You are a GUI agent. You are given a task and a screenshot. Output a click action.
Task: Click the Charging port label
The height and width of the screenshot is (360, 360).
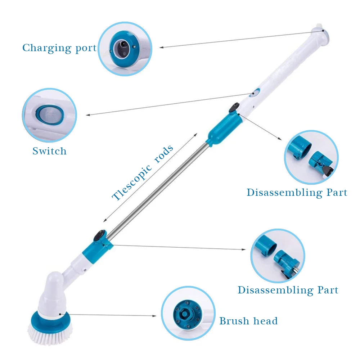[x=59, y=48]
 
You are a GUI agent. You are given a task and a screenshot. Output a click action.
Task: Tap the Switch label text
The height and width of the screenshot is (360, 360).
[x=49, y=151]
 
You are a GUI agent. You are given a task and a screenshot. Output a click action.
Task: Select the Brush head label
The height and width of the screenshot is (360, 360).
[x=248, y=321]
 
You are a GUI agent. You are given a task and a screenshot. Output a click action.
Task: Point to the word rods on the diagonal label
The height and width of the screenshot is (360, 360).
[x=163, y=151]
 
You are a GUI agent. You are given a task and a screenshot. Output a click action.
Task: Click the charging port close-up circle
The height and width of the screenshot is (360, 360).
[x=125, y=49]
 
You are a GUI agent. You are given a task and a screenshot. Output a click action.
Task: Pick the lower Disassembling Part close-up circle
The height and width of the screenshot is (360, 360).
[x=277, y=256]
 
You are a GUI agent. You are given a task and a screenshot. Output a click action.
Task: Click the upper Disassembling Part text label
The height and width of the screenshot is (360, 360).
[x=297, y=193]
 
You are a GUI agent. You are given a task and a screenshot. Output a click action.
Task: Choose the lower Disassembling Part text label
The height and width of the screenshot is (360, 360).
[x=288, y=290]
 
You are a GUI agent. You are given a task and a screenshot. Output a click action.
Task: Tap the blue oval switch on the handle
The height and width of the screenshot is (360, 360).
[x=255, y=93]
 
